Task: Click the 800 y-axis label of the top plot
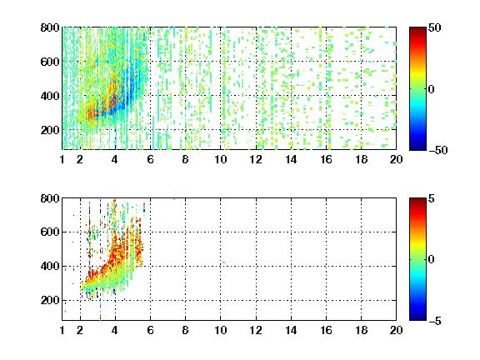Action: (x=50, y=27)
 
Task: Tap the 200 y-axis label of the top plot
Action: (x=50, y=130)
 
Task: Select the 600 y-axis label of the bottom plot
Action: (x=50, y=232)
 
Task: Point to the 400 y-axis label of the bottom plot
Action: (x=50, y=266)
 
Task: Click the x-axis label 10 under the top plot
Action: (x=220, y=159)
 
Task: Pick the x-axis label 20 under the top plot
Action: (x=396, y=159)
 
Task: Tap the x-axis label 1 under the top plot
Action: (x=62, y=159)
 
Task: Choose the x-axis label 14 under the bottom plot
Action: (x=291, y=330)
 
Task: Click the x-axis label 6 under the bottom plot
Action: (x=150, y=330)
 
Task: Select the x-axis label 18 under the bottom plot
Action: (x=361, y=330)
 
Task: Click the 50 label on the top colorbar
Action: (x=434, y=27)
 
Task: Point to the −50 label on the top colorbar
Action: (x=438, y=150)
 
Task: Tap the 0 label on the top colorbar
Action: (x=431, y=89)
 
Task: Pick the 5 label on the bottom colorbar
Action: (x=431, y=198)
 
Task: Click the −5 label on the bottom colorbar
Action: (x=434, y=321)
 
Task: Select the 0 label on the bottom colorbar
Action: (x=431, y=260)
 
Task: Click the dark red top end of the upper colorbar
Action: (x=417, y=29)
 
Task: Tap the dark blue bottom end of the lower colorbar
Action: (x=417, y=318)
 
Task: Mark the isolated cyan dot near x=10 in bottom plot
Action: (x=224, y=262)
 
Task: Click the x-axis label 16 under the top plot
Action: (x=326, y=159)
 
